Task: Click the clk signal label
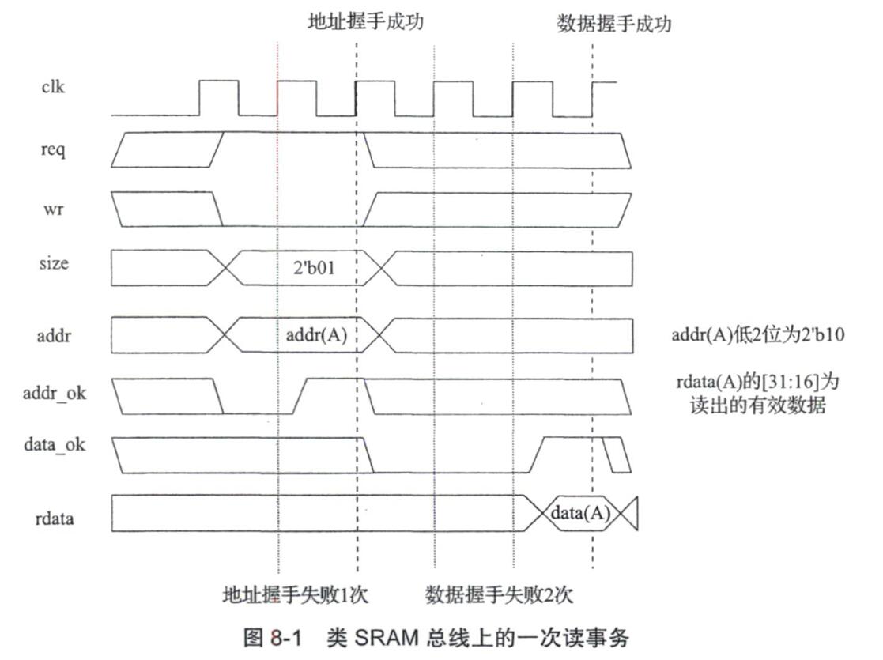pos(53,86)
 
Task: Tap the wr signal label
pos(54,211)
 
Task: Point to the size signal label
pos(53,263)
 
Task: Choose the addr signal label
pos(53,335)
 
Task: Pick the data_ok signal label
pos(54,444)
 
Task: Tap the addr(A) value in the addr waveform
pos(316,335)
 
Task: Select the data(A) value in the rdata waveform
pos(580,512)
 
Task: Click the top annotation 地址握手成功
pos(365,21)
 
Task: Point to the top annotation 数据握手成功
pos(613,24)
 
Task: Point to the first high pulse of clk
pos(218,96)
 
